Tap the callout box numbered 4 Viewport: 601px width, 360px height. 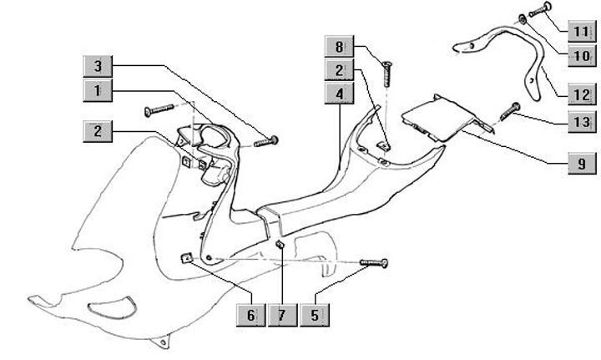pyautogui.click(x=339, y=94)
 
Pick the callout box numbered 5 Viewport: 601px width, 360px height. pyautogui.click(x=315, y=315)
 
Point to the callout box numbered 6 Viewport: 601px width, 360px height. pyautogui.click(x=250, y=315)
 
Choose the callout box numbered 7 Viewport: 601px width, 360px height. pyautogui.click(x=281, y=315)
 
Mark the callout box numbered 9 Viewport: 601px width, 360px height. pyautogui.click(x=581, y=164)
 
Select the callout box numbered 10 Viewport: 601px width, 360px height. pyautogui.click(x=581, y=56)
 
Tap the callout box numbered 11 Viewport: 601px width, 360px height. pyautogui.click(x=581, y=33)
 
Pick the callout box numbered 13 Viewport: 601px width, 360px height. pyautogui.click(x=581, y=122)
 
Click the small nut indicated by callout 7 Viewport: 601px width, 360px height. pyautogui.click(x=280, y=245)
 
